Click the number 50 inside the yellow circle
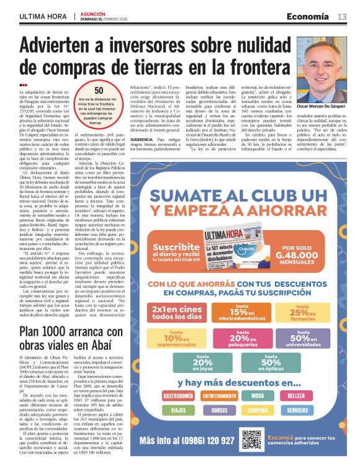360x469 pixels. (x=99, y=91)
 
